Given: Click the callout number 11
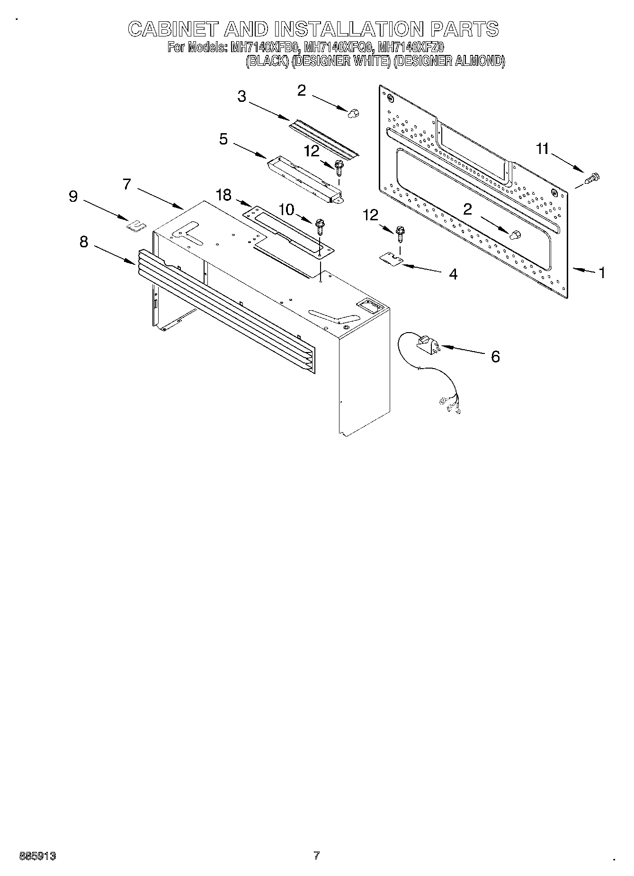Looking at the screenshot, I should [542, 149].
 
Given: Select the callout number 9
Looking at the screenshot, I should [73, 196].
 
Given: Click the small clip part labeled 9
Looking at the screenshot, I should [135, 224].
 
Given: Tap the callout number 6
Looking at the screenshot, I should [495, 356].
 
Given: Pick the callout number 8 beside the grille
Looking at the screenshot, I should [83, 242].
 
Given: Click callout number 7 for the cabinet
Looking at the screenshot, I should [126, 183].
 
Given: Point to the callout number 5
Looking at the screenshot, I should [223, 139].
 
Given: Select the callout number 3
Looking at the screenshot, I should [241, 97].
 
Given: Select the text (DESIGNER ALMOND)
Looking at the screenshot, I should [449, 61].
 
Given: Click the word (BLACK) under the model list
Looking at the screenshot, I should [267, 61].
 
